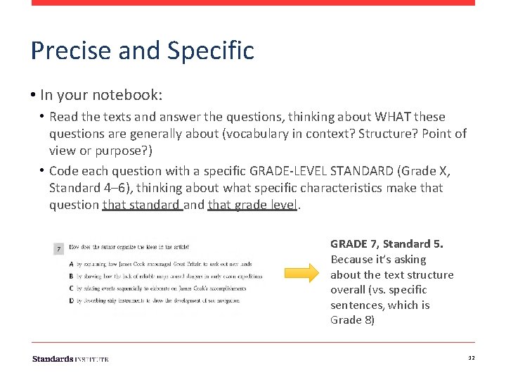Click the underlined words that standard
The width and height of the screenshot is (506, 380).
tap(142, 205)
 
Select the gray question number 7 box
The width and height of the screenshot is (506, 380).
tap(58, 248)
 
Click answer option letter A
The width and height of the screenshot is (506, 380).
tap(71, 264)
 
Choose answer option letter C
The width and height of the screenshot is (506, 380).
tap(71, 288)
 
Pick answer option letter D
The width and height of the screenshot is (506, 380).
tap(71, 300)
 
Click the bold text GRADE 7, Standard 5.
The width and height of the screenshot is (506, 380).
tap(387, 244)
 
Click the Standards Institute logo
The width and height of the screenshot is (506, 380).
tap(70, 359)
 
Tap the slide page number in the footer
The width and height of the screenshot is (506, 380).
tap(471, 359)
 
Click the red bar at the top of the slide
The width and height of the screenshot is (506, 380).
tap(253, 3)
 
